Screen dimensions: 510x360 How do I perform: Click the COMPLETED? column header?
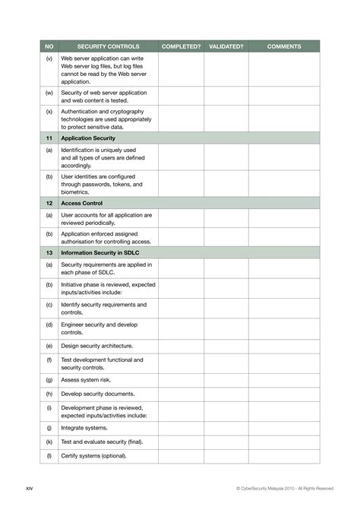pos(182,46)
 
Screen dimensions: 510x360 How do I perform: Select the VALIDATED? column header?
pos(226,46)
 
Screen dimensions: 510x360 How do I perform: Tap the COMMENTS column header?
pos(284,46)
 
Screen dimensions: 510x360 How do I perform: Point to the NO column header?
pos(49,46)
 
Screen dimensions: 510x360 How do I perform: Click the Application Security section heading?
pos(88,139)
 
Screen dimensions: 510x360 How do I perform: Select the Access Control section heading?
pos(81,203)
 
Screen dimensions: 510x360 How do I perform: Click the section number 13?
pos(49,252)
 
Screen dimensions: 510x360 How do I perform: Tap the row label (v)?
pos(49,59)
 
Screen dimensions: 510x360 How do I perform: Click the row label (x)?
pos(49,112)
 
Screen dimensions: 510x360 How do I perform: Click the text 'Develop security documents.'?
pos(98,394)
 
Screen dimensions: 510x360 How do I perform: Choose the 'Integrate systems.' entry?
pos(84,428)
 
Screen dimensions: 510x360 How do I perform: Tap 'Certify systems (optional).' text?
pos(94,456)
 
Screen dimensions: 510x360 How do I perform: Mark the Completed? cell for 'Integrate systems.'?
pos(182,428)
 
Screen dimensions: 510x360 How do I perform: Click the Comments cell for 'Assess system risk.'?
pos(284,379)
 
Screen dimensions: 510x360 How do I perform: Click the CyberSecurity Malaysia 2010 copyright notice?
pos(285,487)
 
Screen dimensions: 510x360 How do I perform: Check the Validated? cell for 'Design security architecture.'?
pos(226,344)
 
